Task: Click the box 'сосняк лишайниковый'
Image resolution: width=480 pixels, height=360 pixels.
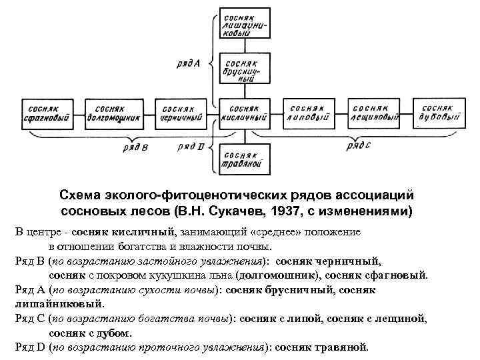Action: pyautogui.click(x=244, y=25)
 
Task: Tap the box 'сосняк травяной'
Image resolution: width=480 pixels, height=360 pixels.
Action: pyautogui.click(x=244, y=157)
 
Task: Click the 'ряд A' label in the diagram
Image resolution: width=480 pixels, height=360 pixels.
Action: pyautogui.click(x=189, y=63)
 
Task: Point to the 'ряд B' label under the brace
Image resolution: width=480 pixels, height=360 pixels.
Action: pyautogui.click(x=137, y=147)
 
